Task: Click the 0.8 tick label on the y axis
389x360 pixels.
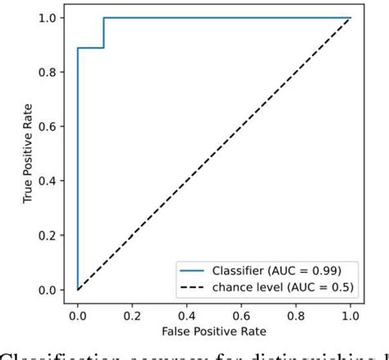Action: click(x=48, y=72)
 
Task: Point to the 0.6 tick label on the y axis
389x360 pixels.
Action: click(x=48, y=126)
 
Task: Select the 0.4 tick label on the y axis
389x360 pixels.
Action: click(x=48, y=180)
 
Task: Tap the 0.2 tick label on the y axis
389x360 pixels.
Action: click(x=48, y=235)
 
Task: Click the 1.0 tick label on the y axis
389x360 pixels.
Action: click(x=48, y=18)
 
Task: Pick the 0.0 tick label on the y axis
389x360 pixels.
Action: click(x=48, y=290)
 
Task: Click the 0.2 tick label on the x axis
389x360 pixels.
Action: click(x=131, y=314)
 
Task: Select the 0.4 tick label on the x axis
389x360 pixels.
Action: click(x=186, y=314)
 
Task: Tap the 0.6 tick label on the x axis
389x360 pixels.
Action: click(x=241, y=314)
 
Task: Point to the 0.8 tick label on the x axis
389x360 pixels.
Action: click(x=295, y=314)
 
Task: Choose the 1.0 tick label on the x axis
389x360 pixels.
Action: click(x=350, y=314)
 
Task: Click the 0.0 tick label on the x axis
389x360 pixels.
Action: click(x=77, y=314)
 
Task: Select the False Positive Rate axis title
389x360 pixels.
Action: click(x=214, y=332)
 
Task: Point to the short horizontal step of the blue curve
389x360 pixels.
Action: click(x=90, y=48)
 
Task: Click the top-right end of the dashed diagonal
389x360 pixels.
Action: click(x=350, y=18)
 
